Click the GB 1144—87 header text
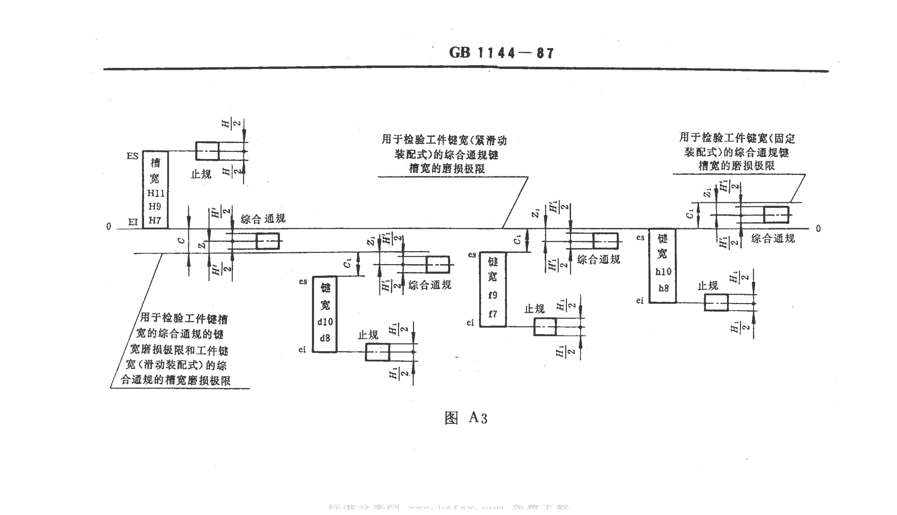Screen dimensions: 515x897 point(501,53)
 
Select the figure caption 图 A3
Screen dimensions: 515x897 point(466,418)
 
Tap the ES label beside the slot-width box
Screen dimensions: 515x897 point(132,156)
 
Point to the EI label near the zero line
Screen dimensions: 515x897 point(133,222)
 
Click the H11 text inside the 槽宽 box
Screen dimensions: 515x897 point(156,193)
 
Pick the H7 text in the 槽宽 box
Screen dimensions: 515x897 point(155,221)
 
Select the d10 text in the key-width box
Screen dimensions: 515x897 point(325,322)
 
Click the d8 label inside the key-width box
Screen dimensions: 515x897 point(325,338)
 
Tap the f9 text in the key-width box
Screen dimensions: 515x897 point(492,295)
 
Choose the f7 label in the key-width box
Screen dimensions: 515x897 point(492,314)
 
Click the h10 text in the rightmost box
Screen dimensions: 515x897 point(663,272)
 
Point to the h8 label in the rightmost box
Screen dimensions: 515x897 point(663,289)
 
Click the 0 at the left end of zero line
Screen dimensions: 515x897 point(109,227)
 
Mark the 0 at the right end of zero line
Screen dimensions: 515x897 point(818,229)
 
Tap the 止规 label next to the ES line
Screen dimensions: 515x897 point(201,174)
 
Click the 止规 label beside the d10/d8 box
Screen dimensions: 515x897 point(368,335)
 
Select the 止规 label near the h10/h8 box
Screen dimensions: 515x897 point(707,286)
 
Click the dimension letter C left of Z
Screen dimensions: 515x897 point(181,241)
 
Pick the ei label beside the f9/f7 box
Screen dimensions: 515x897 point(470,323)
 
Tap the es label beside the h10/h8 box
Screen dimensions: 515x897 point(640,238)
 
